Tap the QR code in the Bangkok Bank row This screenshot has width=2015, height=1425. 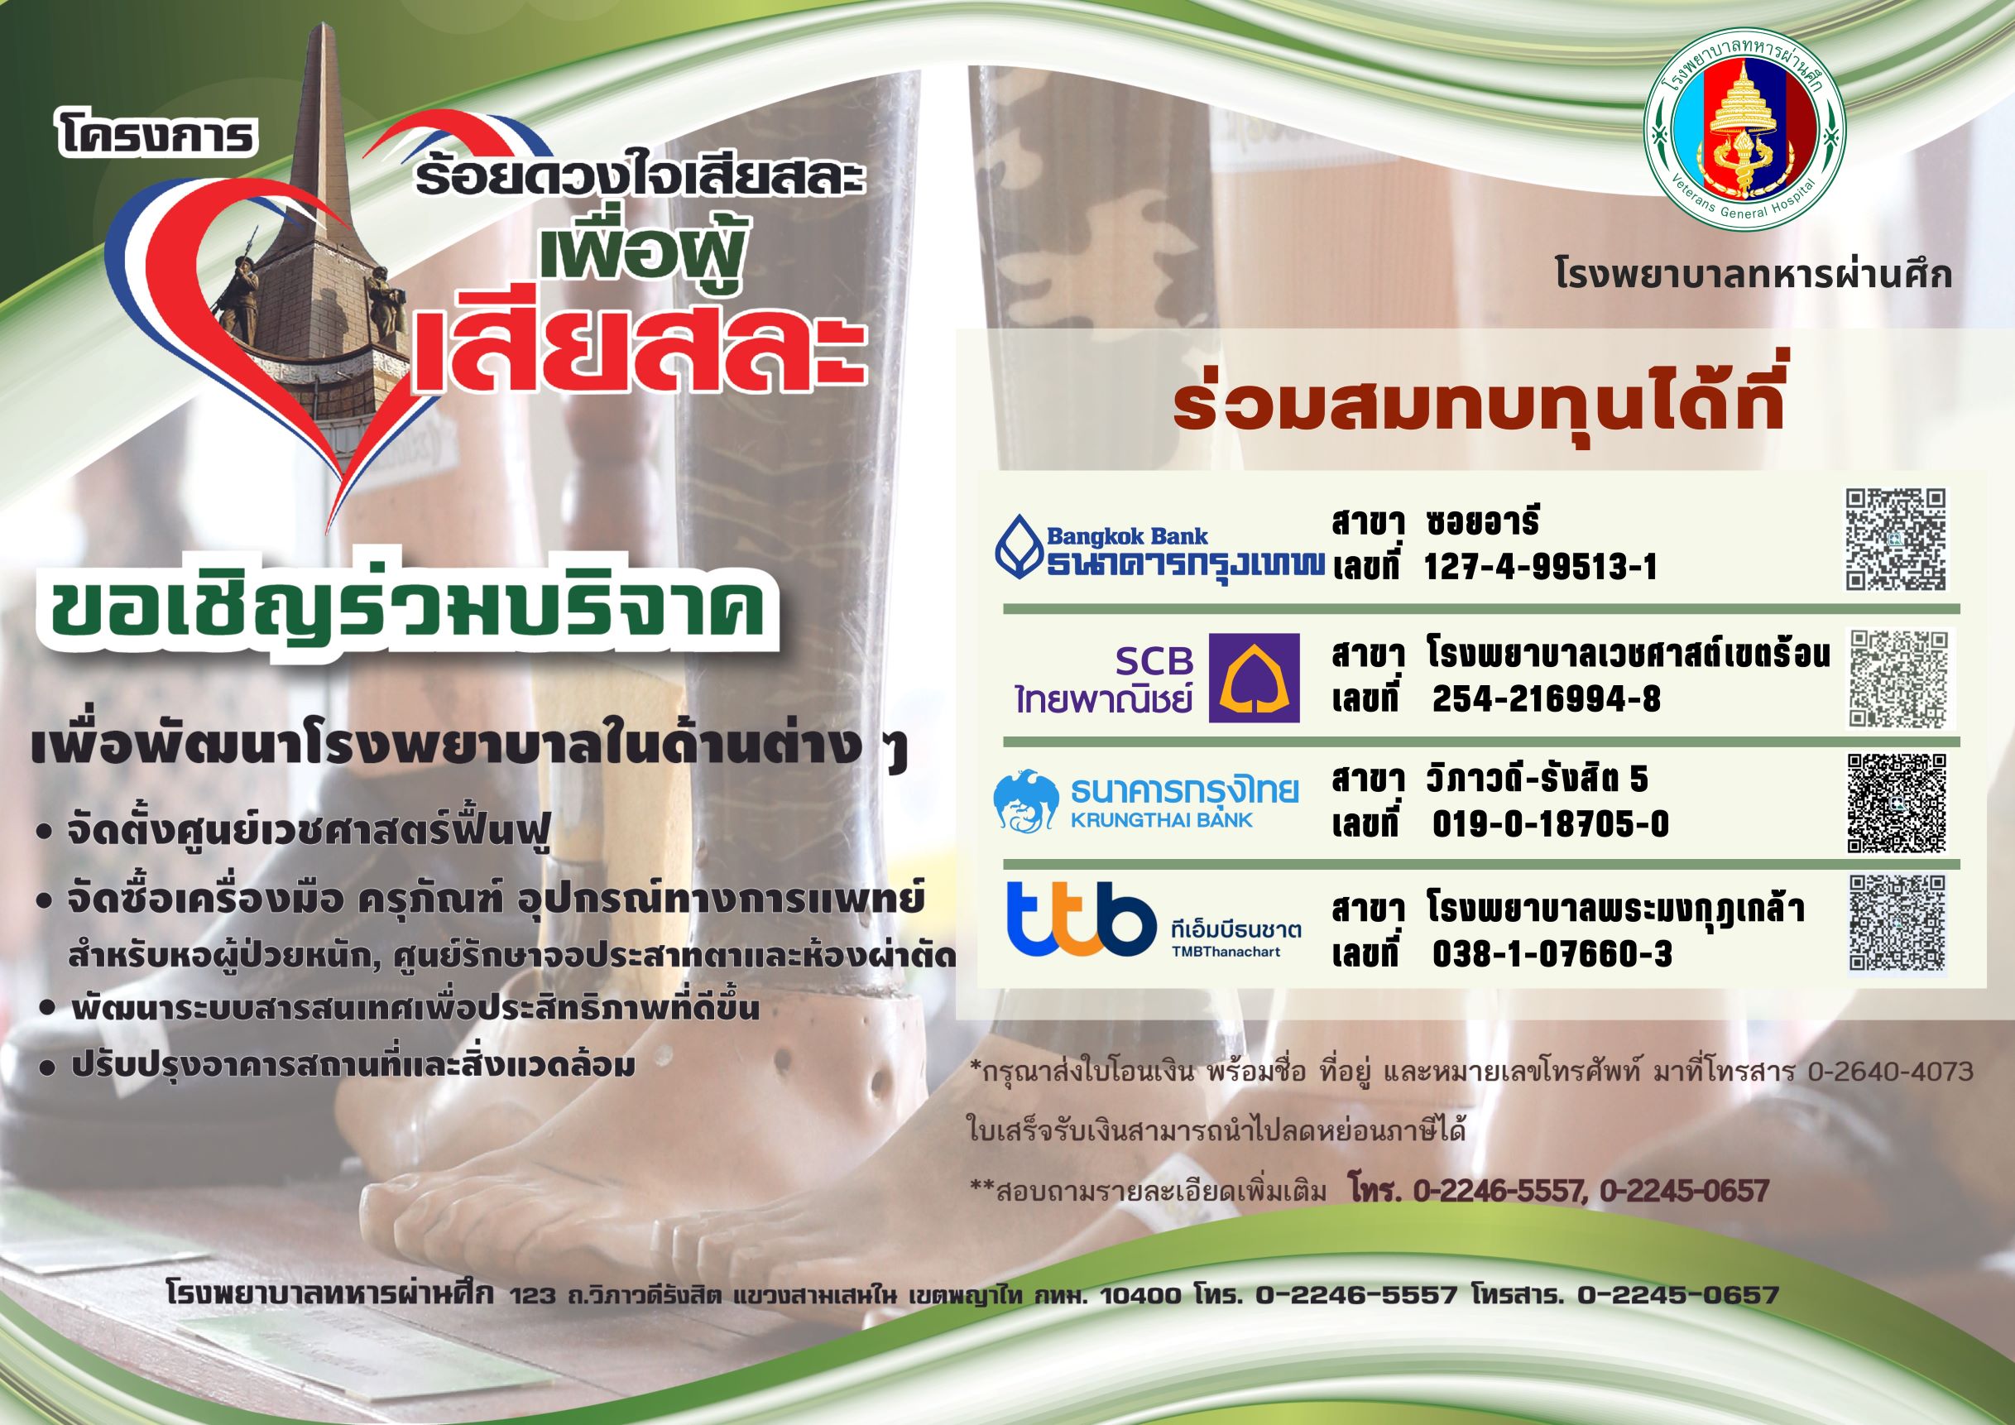(x=1896, y=540)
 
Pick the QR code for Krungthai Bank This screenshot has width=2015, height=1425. (x=1897, y=803)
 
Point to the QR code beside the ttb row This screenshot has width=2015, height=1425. (x=1897, y=922)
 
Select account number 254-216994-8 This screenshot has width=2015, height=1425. (x=1547, y=698)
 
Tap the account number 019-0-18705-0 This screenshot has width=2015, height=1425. (x=1550, y=824)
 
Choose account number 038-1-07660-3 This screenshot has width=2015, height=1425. (x=1552, y=954)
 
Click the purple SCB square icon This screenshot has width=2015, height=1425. (x=1255, y=678)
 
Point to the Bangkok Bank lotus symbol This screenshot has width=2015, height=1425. (x=1018, y=548)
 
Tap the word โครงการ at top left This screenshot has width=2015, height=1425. (x=157, y=136)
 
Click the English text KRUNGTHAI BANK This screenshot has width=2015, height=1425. (x=1161, y=820)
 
